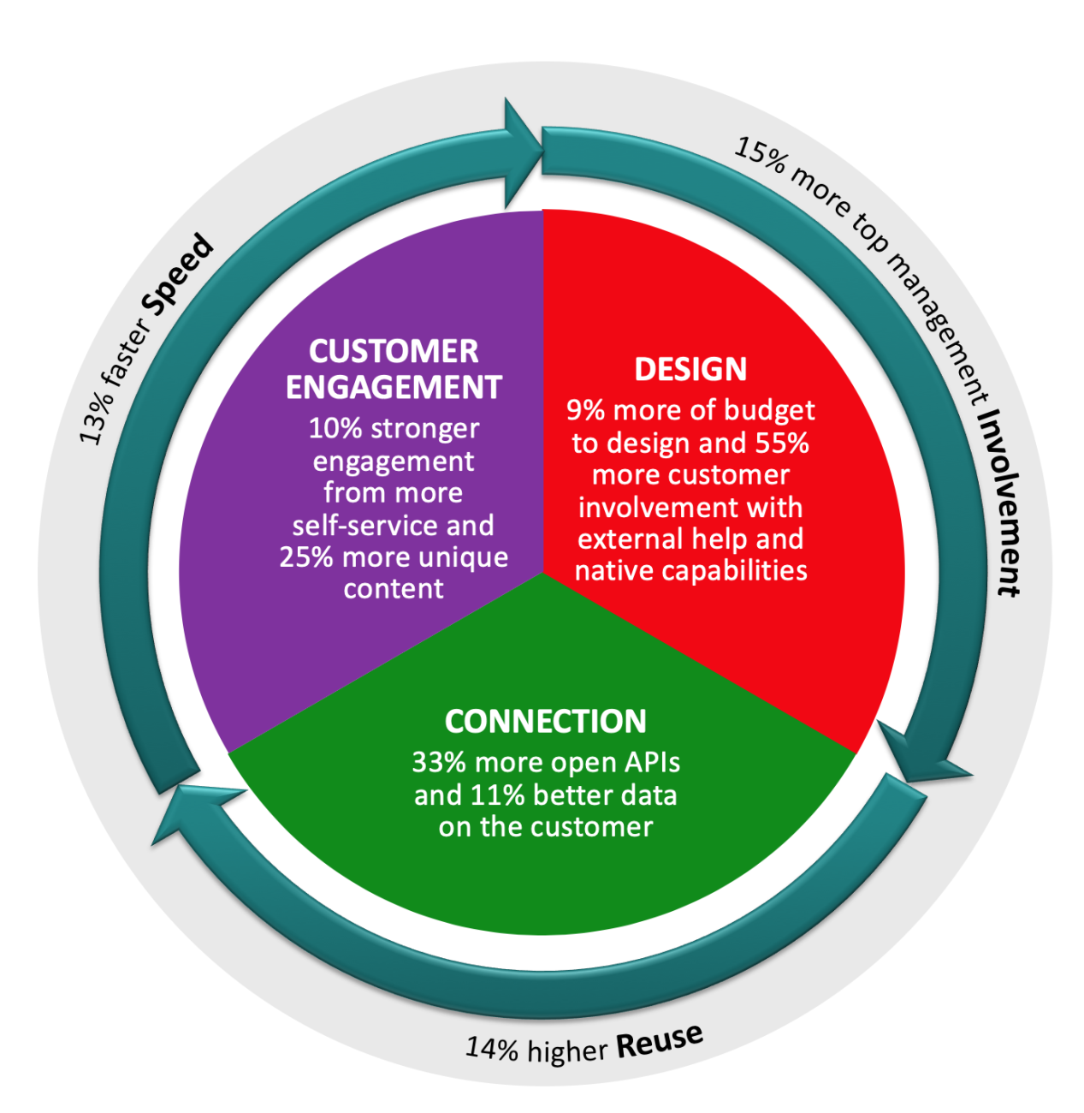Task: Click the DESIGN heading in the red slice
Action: (690, 369)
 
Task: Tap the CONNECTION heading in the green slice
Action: (545, 722)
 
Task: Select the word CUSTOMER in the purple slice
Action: (394, 352)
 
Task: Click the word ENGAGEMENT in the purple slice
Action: (394, 388)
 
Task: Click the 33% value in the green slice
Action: (440, 762)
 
